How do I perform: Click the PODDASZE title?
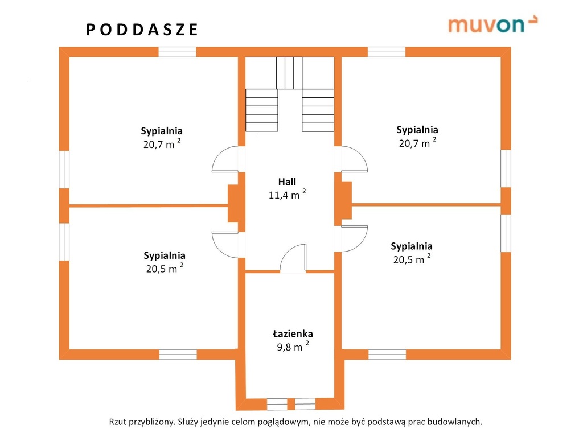coord(142,30)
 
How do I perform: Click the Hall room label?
coord(287,182)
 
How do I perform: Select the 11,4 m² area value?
coord(288,194)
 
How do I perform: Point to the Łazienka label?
coord(293,333)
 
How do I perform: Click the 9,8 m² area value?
coord(293,346)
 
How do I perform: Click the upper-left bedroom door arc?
coord(225,159)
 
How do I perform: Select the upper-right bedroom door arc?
coord(354,159)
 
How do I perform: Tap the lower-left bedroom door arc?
coord(225,245)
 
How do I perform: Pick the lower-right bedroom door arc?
coord(354,238)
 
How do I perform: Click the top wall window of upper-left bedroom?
coord(178,52)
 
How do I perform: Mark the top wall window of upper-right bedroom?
coord(387,52)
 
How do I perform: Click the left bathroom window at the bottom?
coord(277,404)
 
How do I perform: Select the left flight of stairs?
coord(262,110)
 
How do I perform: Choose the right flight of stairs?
coord(318,110)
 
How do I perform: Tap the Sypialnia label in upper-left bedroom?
coord(161,131)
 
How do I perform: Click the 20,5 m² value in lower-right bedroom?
coord(412,259)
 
